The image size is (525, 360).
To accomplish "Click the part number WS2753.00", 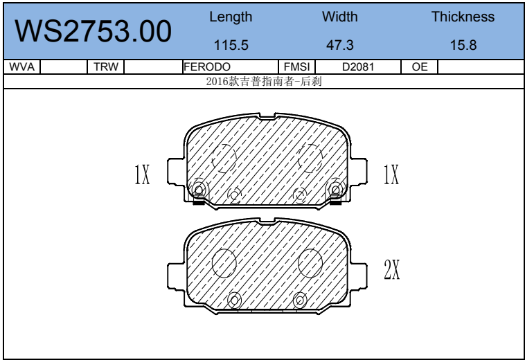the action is click(93, 31).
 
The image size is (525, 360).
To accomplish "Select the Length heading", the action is click(231, 17).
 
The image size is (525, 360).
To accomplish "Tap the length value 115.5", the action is click(231, 45).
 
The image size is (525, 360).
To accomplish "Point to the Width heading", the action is click(340, 17).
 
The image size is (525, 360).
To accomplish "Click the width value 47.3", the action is click(340, 45).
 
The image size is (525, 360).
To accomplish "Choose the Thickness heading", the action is click(463, 17).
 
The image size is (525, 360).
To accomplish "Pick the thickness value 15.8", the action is click(463, 45).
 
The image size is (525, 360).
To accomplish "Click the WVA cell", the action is click(21, 67).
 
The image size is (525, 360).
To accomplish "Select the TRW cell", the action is click(106, 67).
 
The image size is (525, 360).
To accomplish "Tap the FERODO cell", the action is click(207, 67).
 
